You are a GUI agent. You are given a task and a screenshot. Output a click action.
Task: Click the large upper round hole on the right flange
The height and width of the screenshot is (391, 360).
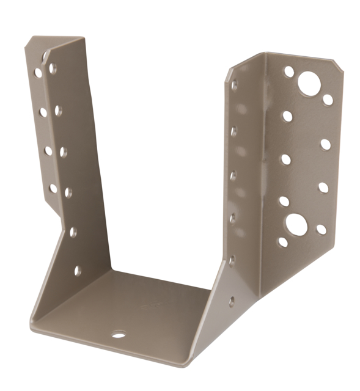309,83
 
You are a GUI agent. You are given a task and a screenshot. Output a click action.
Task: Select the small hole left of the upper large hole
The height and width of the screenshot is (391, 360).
288,71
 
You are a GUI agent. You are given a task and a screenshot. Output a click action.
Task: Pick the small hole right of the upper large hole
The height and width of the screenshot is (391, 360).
328,99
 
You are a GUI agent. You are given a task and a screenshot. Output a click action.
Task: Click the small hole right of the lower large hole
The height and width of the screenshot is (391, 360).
321,229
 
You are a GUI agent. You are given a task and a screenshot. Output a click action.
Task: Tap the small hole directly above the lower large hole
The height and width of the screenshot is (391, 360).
284,201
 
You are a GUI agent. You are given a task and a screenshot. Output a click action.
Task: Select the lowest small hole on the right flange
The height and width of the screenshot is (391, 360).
283,242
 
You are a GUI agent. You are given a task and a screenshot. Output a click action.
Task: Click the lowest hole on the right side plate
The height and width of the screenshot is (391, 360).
231,301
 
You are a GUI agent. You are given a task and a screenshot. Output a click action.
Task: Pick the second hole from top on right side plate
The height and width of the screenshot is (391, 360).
234,131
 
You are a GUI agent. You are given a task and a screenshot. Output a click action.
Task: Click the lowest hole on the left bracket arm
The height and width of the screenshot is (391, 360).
78,270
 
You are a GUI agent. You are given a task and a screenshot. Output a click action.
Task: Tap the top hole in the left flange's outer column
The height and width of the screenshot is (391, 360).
38,73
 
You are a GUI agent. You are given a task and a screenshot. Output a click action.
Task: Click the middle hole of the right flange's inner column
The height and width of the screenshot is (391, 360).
285,159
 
